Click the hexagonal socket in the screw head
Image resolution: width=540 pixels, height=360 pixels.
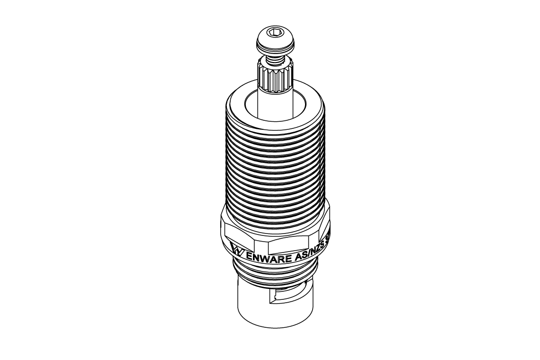click(274, 33)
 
